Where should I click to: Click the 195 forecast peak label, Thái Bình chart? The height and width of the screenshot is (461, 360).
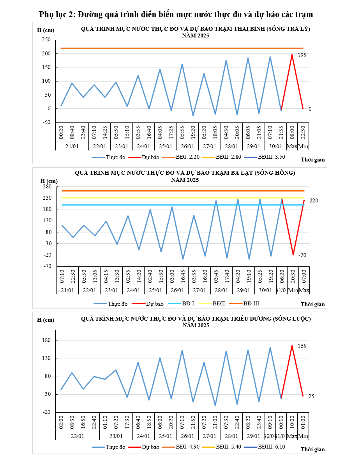302,55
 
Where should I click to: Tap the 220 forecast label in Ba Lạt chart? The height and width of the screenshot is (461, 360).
314,200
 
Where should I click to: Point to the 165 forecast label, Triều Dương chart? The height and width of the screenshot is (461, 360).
302,346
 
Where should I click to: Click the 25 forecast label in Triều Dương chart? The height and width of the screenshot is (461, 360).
311,396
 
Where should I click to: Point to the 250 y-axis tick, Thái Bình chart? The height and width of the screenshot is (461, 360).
46,40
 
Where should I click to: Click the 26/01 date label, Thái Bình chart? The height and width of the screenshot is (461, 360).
187,146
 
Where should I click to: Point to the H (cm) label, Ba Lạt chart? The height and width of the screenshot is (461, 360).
49,181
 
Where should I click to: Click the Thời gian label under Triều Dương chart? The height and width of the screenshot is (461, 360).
312,449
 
